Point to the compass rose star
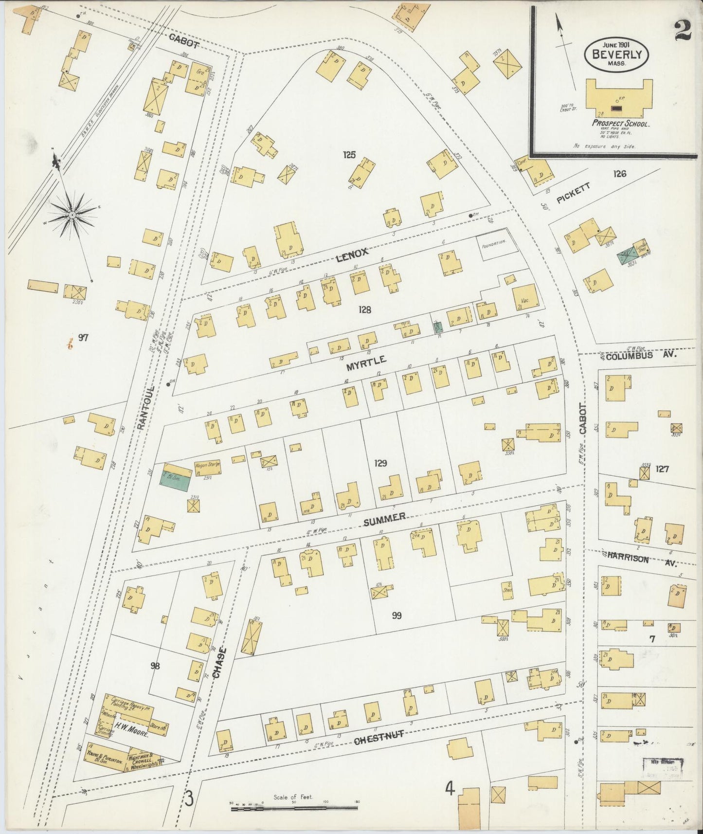tap(72, 214)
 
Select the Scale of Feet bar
tap(294, 809)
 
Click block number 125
tap(349, 155)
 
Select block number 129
tap(380, 463)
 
